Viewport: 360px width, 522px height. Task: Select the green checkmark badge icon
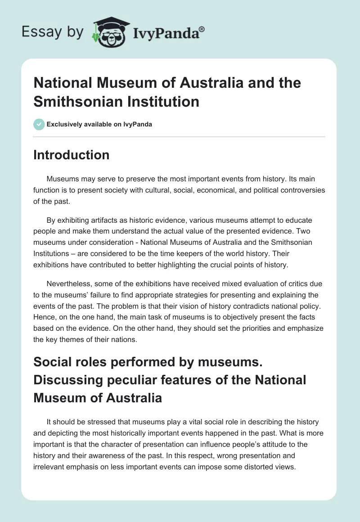tap(39, 124)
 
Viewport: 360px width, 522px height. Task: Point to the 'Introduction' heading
tap(72, 155)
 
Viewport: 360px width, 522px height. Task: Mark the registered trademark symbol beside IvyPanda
tap(202, 28)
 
